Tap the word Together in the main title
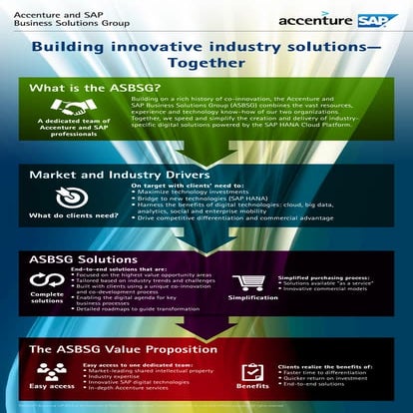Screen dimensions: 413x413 206,62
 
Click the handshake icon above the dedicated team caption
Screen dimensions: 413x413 68,107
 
